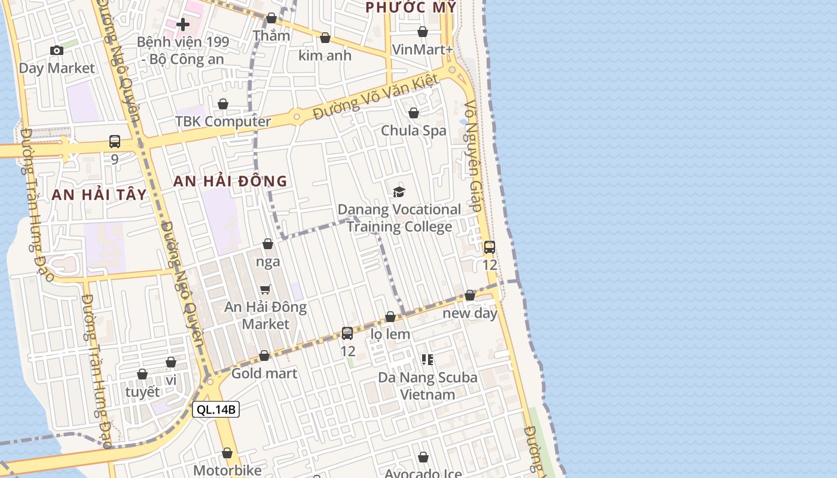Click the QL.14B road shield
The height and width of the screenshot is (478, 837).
216,409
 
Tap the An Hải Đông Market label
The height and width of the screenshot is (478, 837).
265,315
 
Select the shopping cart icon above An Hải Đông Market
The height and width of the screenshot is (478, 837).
265,290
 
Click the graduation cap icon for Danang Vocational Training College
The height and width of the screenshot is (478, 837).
399,192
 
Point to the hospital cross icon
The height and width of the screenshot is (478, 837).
183,24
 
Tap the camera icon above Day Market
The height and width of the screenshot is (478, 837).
57,51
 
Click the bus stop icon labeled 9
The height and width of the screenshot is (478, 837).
115,142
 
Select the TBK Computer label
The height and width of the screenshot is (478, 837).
223,121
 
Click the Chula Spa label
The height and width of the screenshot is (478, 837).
414,130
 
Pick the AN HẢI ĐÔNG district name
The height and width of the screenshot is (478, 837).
230,181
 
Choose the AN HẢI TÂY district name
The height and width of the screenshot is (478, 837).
99,194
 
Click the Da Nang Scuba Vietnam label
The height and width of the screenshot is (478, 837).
427,386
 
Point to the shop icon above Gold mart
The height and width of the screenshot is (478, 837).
264,356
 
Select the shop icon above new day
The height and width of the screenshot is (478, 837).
470,295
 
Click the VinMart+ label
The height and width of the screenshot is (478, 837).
423,49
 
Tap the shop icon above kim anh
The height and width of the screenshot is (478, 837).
325,38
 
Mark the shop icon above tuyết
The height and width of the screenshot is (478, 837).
142,374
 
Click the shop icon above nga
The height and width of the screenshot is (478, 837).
268,244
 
